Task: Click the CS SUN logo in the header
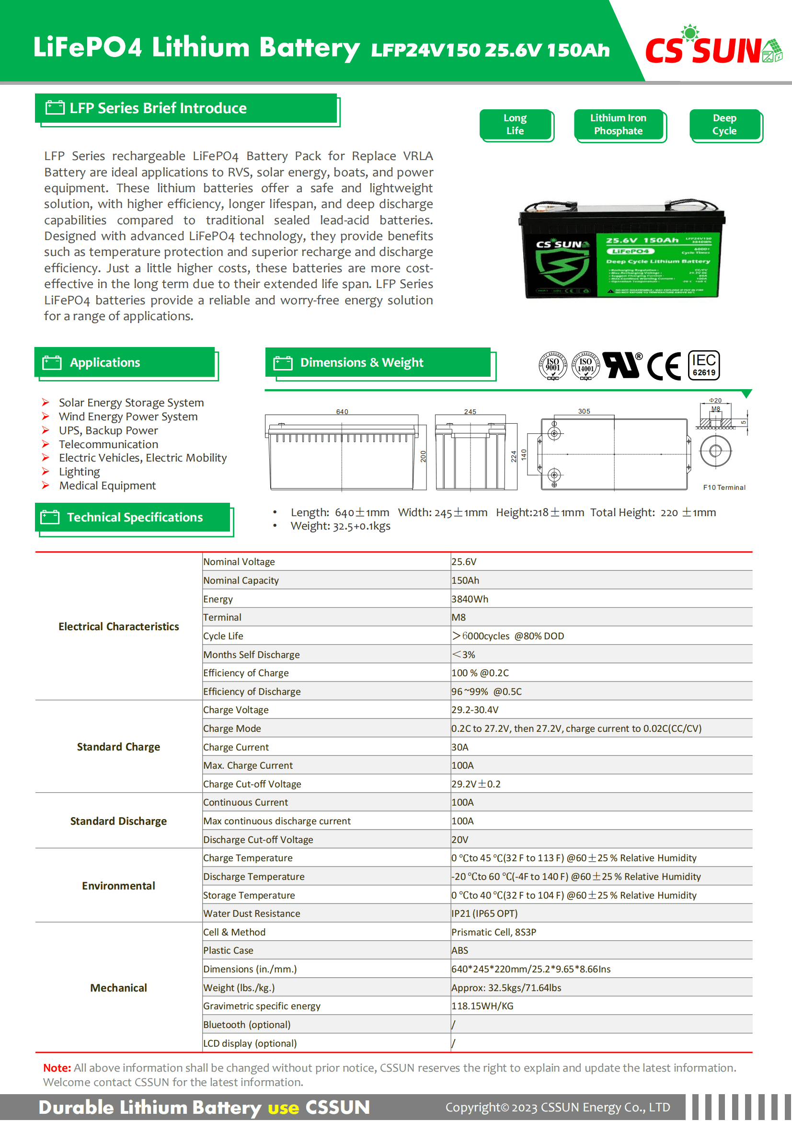click(712, 48)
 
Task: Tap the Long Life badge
click(516, 125)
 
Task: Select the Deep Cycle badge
click(724, 125)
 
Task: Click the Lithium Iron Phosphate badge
click(618, 125)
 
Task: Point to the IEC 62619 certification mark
click(704, 365)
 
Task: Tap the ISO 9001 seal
click(552, 365)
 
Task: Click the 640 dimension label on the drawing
click(342, 412)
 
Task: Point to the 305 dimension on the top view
click(584, 411)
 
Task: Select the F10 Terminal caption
click(724, 487)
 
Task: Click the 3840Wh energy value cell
click(470, 599)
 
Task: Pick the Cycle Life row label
click(223, 636)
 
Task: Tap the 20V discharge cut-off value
click(459, 840)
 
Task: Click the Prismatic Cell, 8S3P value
click(494, 932)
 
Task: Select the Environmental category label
click(118, 886)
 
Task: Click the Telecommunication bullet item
click(108, 444)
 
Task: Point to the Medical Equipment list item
click(107, 485)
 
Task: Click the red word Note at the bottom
click(57, 1068)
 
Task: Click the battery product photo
click(622, 249)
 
